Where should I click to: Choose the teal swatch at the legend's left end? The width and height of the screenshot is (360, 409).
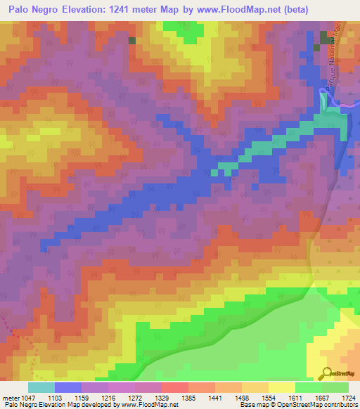point(41,388)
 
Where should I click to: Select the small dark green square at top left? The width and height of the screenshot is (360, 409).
point(131,40)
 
